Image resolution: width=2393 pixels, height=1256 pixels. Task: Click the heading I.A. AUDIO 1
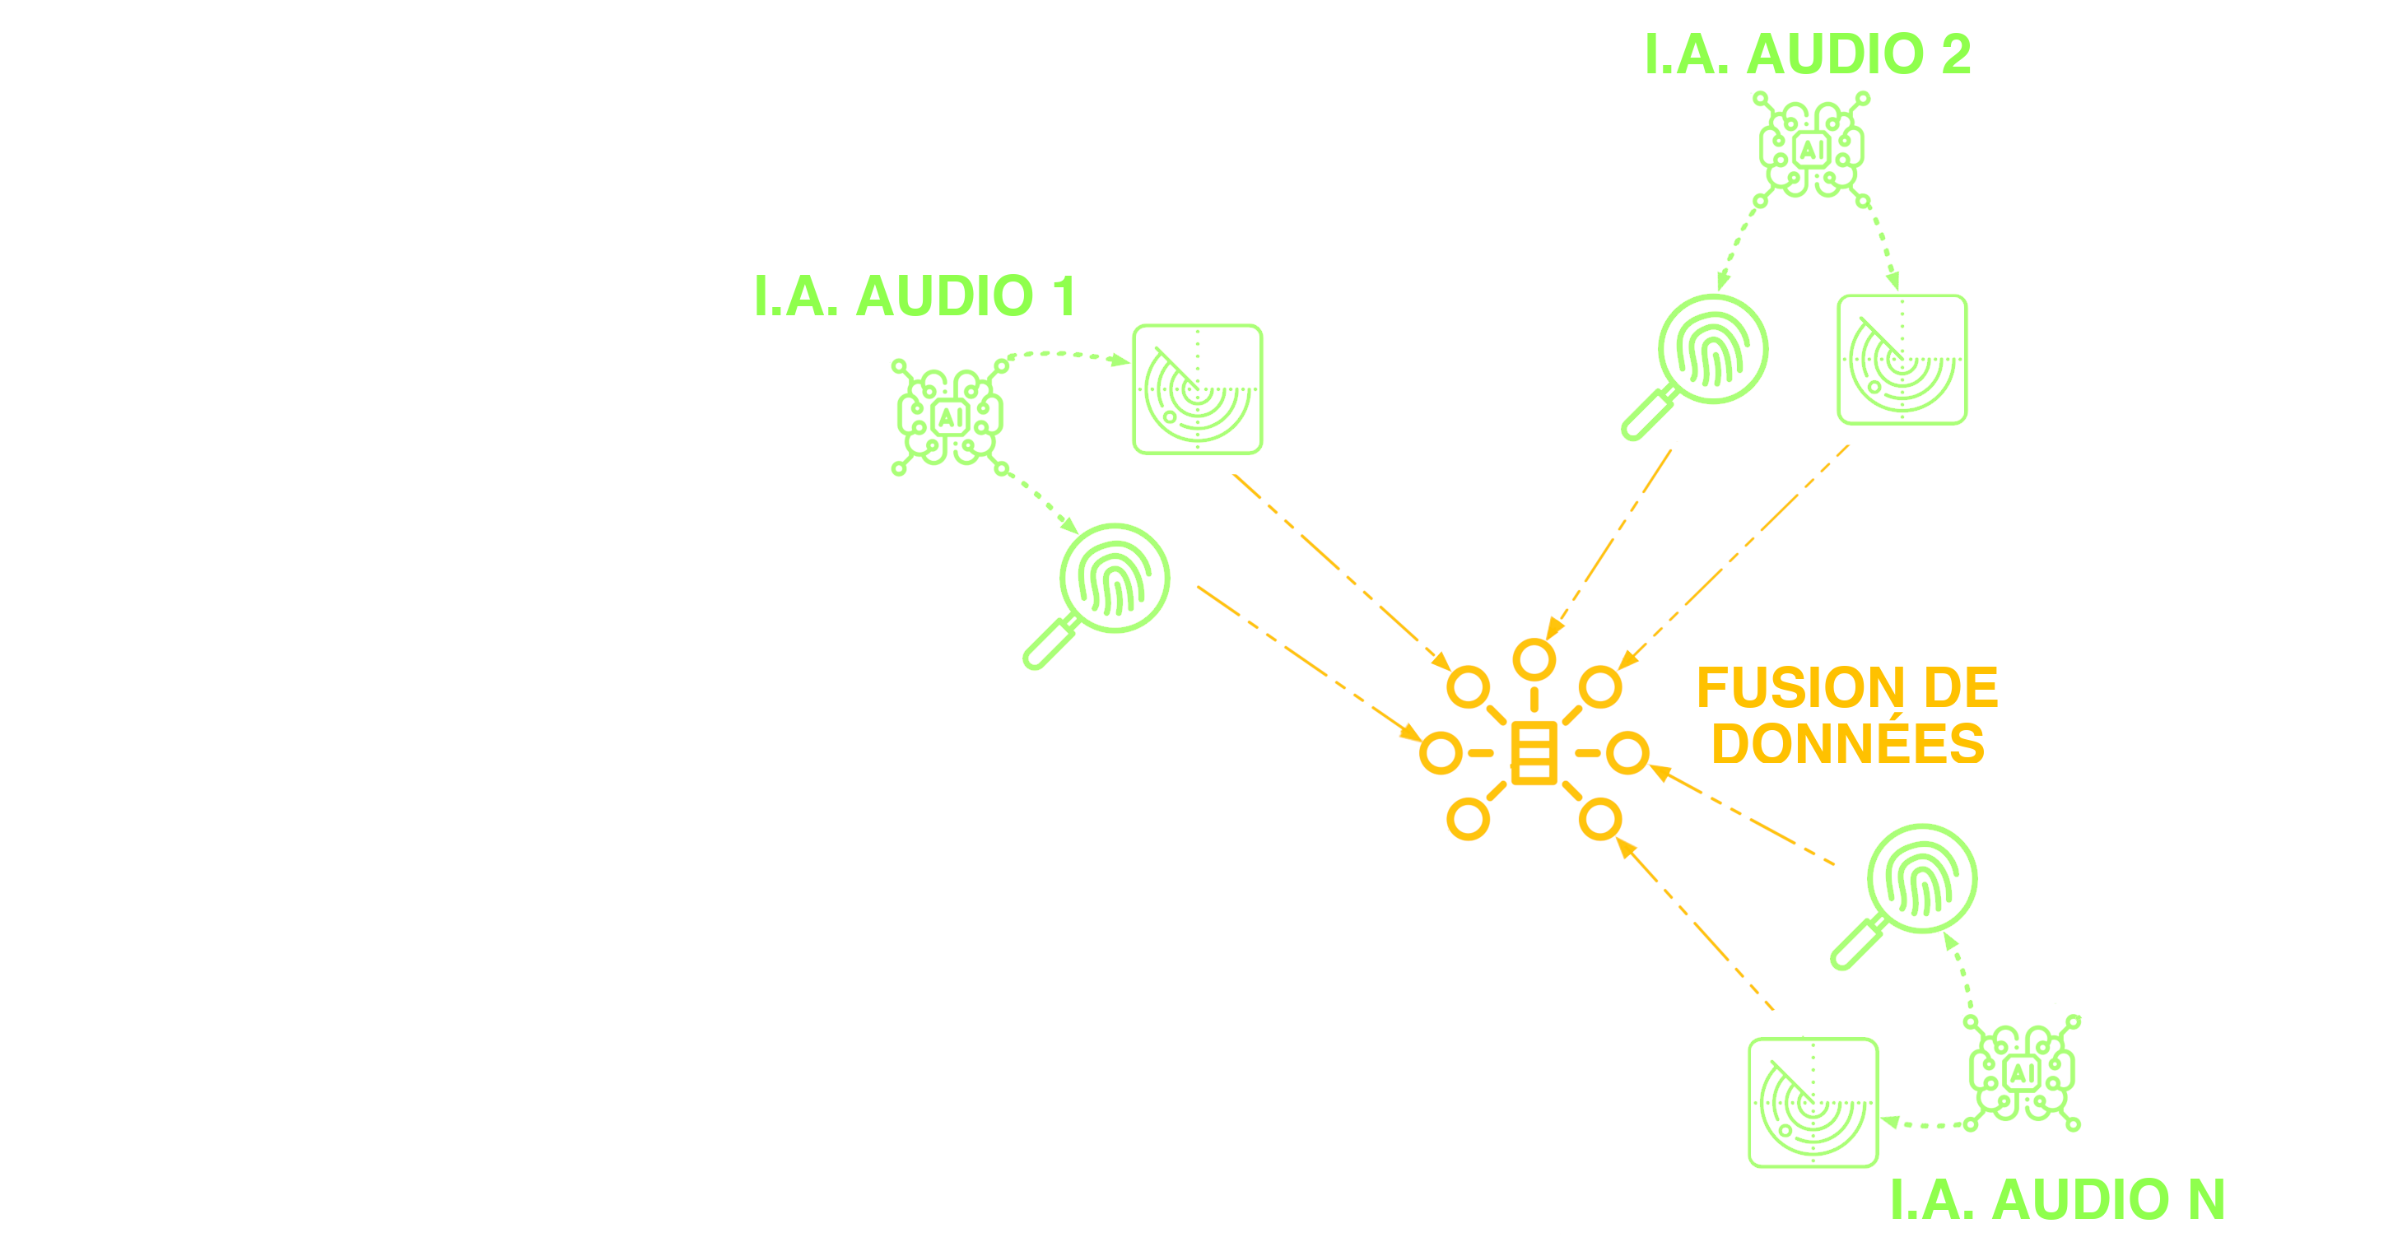click(x=915, y=296)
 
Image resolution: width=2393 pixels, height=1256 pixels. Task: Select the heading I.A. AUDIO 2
click(x=1808, y=53)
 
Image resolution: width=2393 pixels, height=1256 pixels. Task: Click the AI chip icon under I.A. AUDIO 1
click(x=949, y=417)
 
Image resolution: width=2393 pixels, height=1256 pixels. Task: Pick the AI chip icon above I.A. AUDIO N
click(x=2023, y=1073)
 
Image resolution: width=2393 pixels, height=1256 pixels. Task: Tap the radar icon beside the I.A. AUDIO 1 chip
click(x=1198, y=389)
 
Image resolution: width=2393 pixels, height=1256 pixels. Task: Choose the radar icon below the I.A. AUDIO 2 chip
click(x=1902, y=360)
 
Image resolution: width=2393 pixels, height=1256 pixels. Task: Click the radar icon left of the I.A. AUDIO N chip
click(x=1813, y=1103)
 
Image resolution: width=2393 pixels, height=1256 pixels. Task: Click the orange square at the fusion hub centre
click(x=1534, y=752)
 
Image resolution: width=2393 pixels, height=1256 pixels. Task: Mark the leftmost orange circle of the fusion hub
click(x=1441, y=752)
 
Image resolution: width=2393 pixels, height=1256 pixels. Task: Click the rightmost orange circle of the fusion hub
click(x=1627, y=752)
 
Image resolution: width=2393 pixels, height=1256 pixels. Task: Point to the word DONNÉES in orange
click(x=1848, y=745)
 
